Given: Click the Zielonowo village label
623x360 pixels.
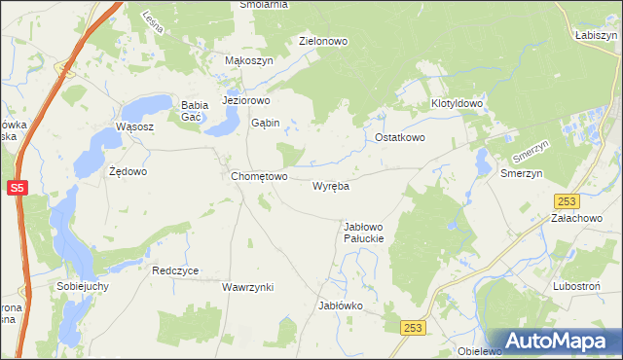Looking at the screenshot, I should coord(324,42).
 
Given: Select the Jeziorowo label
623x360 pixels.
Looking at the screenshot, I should coord(245,100).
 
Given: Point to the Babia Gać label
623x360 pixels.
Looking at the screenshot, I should coord(191,111).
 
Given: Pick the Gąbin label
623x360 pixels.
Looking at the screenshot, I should coord(265,124).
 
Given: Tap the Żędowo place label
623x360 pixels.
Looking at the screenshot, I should coord(128,171).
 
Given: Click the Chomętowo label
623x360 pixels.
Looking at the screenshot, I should coord(259,177).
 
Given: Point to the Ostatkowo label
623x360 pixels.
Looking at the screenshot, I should coord(400,138).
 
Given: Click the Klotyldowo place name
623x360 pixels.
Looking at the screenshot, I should coord(458,103).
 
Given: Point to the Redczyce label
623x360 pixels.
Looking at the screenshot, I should coord(175,271).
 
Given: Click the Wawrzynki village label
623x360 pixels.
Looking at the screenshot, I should coord(247,288).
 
